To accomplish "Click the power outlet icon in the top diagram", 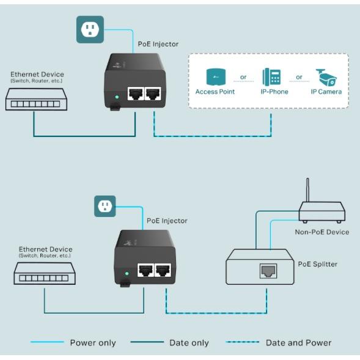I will pyautogui.click(x=90, y=29).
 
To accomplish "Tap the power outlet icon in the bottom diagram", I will pyautogui.click(x=105, y=206).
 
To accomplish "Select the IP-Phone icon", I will pyautogui.click(x=271, y=77).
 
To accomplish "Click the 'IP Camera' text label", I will pyautogui.click(x=326, y=92).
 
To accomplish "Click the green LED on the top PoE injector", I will pyautogui.click(x=116, y=97).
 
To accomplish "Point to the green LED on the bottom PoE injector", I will pyautogui.click(x=126, y=274).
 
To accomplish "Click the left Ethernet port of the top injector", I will pyautogui.click(x=135, y=94).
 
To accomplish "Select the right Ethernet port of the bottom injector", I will pyautogui.click(x=163, y=271).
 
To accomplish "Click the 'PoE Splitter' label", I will pyautogui.click(x=317, y=264).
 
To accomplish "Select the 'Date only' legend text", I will pyautogui.click(x=189, y=343).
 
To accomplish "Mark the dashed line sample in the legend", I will pyautogui.click(x=242, y=343).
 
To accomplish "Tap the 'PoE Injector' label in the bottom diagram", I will pyautogui.click(x=167, y=221).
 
